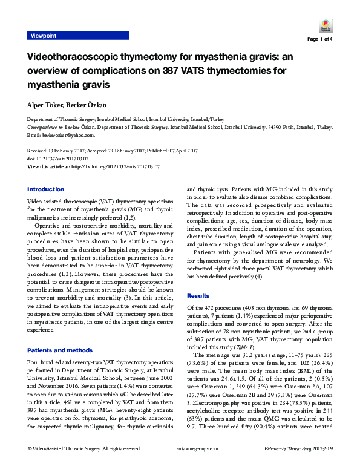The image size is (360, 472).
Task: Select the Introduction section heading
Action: (45, 189)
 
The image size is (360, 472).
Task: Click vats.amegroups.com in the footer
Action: (180, 465)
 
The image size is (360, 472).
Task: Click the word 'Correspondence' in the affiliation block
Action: (43, 128)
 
